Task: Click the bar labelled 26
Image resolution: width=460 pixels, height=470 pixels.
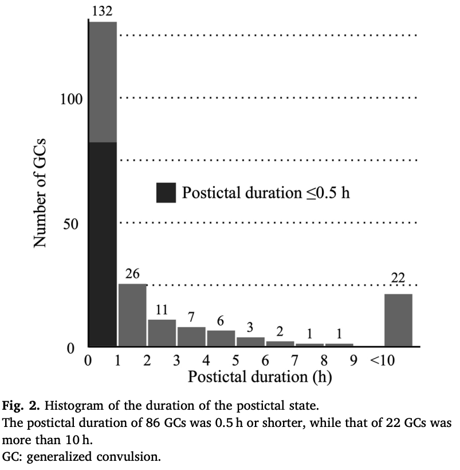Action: point(132,315)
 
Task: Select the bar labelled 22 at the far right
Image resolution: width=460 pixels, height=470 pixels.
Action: point(398,320)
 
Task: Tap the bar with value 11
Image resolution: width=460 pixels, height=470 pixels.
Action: point(162,333)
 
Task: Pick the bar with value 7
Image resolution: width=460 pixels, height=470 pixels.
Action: point(191,337)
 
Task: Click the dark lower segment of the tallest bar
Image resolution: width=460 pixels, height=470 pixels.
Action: point(103,244)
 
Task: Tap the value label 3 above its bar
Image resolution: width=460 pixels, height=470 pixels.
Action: point(250,328)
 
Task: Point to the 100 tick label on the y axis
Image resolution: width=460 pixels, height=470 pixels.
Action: point(72,98)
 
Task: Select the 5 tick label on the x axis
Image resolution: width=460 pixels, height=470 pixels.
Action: point(236,361)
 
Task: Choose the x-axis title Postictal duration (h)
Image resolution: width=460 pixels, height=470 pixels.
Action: point(260,378)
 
